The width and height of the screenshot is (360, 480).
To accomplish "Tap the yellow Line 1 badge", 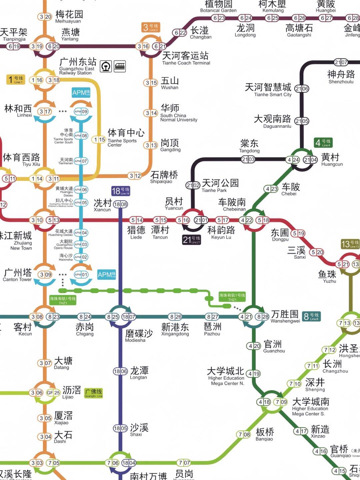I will point(15,80).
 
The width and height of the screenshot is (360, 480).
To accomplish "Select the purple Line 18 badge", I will point(120,191).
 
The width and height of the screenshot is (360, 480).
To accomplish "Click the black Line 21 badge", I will point(191,240).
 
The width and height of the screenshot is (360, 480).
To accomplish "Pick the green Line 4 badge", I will point(323,143).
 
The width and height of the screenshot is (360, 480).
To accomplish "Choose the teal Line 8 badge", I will point(311,316).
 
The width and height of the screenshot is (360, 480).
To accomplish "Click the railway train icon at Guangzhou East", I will point(120,66).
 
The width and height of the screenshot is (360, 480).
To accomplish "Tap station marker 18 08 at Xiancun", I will point(120,204).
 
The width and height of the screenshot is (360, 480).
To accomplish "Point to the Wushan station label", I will point(170,83).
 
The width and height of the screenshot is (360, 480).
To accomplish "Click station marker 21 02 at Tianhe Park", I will point(193,185).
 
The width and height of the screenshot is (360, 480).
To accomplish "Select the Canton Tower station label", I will point(17,275).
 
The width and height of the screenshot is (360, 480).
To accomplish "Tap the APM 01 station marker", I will point(81,275).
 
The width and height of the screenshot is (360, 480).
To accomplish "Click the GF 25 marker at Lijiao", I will point(53,393).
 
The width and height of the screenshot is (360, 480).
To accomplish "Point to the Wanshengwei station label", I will point(285,317).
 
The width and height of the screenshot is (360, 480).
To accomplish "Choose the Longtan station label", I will point(139,373).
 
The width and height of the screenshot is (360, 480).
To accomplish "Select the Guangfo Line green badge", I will point(93,393).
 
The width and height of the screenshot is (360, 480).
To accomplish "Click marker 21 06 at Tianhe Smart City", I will point(302,89).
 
